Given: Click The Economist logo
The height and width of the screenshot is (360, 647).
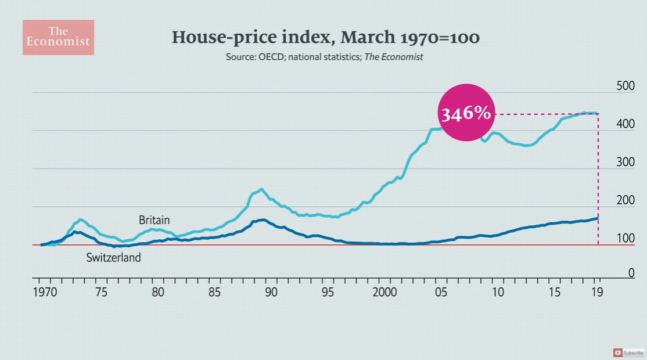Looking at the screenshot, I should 58,37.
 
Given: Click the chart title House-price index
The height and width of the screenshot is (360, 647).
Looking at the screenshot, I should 325,38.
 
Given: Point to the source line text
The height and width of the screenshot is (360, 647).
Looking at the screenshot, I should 325,57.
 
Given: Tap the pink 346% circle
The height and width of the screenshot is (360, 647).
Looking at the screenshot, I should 465,113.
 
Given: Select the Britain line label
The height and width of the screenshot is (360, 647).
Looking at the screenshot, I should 154,220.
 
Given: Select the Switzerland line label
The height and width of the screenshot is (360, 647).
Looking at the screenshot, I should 113,257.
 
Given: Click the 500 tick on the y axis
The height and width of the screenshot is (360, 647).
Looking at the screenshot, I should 624,87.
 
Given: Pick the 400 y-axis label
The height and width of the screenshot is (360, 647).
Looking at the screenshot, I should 624,124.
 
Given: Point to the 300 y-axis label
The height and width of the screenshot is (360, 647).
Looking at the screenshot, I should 624,162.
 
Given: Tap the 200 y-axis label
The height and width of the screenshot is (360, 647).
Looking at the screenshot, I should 624,200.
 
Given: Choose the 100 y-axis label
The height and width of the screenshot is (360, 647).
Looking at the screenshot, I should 624,239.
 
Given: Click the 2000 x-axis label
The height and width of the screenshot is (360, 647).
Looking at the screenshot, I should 384,291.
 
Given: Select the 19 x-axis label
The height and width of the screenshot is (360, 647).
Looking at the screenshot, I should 597,291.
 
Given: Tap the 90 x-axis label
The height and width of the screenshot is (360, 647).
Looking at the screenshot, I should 271,291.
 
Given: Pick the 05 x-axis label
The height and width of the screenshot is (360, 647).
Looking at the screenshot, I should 441,291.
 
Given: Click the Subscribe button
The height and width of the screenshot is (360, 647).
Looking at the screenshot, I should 628,352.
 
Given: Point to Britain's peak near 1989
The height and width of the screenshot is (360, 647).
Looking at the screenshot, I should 261,189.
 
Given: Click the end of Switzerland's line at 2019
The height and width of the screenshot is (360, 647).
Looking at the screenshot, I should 598,218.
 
